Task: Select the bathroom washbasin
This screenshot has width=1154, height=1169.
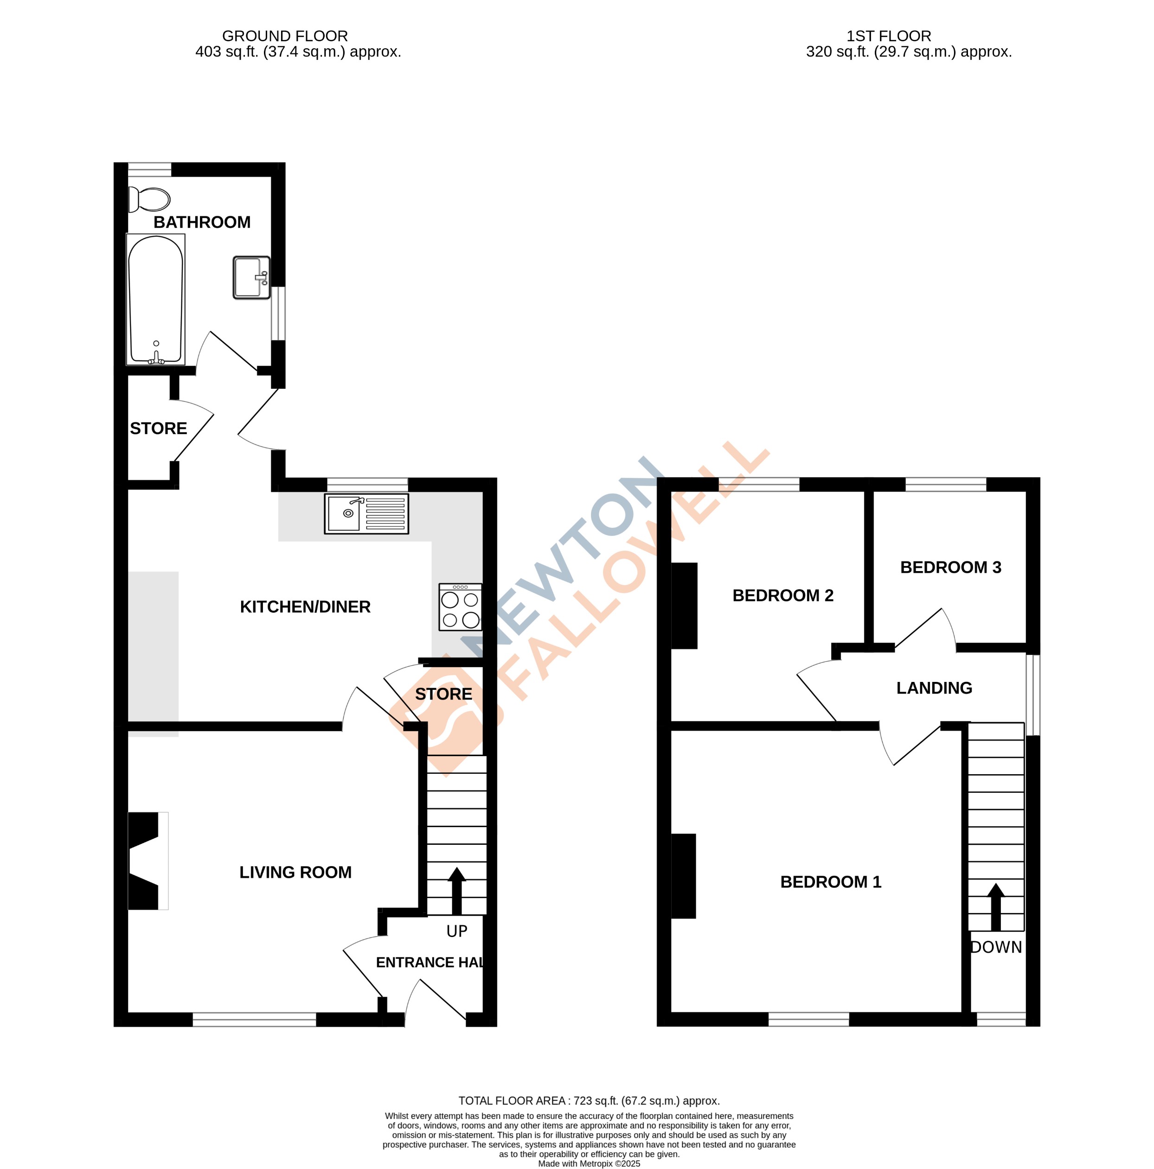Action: coord(251,277)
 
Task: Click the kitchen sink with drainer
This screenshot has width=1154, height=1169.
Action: coord(366,513)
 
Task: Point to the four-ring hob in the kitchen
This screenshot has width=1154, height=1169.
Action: coord(460,607)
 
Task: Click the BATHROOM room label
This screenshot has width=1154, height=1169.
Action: coord(201,222)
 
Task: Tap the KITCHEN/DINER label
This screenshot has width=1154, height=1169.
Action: coord(305,606)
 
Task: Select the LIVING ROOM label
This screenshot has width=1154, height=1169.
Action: coord(295,872)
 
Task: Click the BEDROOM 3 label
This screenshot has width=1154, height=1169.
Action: coord(950,567)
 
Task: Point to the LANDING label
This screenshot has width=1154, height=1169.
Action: coord(934,687)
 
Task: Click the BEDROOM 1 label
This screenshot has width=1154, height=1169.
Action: coord(830,881)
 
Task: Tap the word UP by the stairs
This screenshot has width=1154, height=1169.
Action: coord(456,931)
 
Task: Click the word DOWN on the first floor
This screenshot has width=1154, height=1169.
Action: coord(996,947)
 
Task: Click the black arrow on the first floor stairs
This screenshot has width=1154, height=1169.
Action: coord(995,906)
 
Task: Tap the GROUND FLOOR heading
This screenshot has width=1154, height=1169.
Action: coord(284,36)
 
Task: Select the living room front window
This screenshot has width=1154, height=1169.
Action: coord(254,1020)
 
